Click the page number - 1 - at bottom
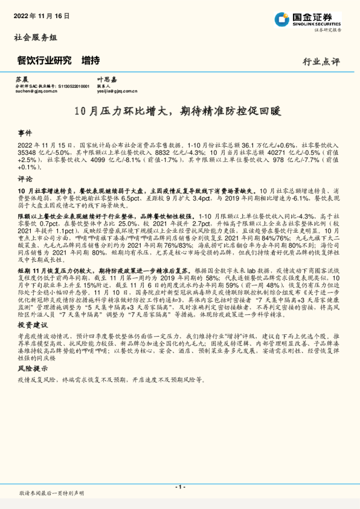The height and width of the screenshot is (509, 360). click(x=179, y=487)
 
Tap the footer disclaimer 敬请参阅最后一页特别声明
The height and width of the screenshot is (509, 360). click(x=51, y=494)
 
